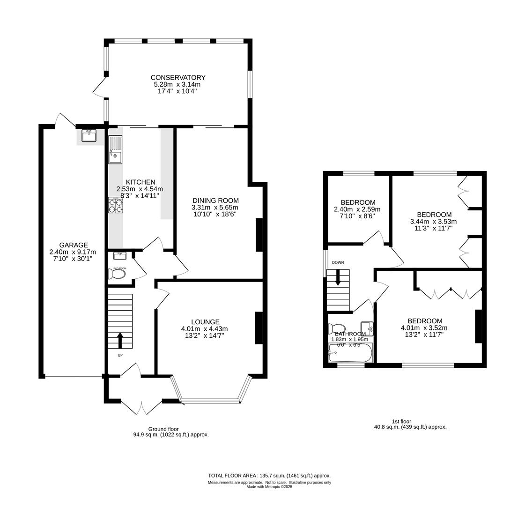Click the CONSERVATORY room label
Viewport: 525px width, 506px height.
point(177,77)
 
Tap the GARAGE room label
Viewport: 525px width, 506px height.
point(74,245)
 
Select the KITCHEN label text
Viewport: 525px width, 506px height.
point(140,182)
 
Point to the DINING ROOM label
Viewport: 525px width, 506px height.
point(215,201)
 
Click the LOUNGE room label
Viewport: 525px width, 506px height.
point(206,322)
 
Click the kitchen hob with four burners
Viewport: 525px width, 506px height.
point(115,205)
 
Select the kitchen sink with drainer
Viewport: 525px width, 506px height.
point(115,150)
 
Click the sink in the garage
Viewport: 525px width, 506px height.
point(89,135)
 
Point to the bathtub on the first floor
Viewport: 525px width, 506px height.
point(350,353)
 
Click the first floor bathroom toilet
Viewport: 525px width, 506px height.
point(337,328)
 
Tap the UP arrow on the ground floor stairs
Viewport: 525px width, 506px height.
point(120,340)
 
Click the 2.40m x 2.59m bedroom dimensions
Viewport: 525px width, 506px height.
point(357,209)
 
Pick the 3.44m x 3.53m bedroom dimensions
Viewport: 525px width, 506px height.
point(433,222)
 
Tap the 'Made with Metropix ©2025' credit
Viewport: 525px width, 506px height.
point(269,487)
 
